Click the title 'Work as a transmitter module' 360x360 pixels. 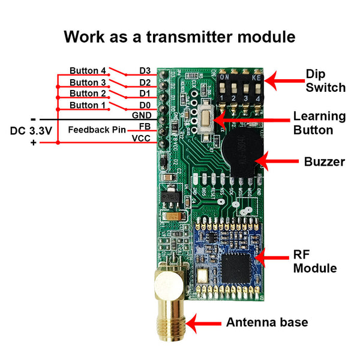179,37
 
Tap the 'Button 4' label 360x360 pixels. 88,70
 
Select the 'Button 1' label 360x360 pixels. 88,105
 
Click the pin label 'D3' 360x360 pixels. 145,71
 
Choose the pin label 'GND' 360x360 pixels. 141,115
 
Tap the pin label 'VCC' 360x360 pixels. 141,139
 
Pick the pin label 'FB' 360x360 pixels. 145,127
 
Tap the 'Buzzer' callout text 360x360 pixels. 325,161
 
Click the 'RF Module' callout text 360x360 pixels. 315,261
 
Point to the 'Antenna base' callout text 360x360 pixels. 267,322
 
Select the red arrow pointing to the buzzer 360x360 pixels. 276,161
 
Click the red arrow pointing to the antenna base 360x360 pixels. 202,323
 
